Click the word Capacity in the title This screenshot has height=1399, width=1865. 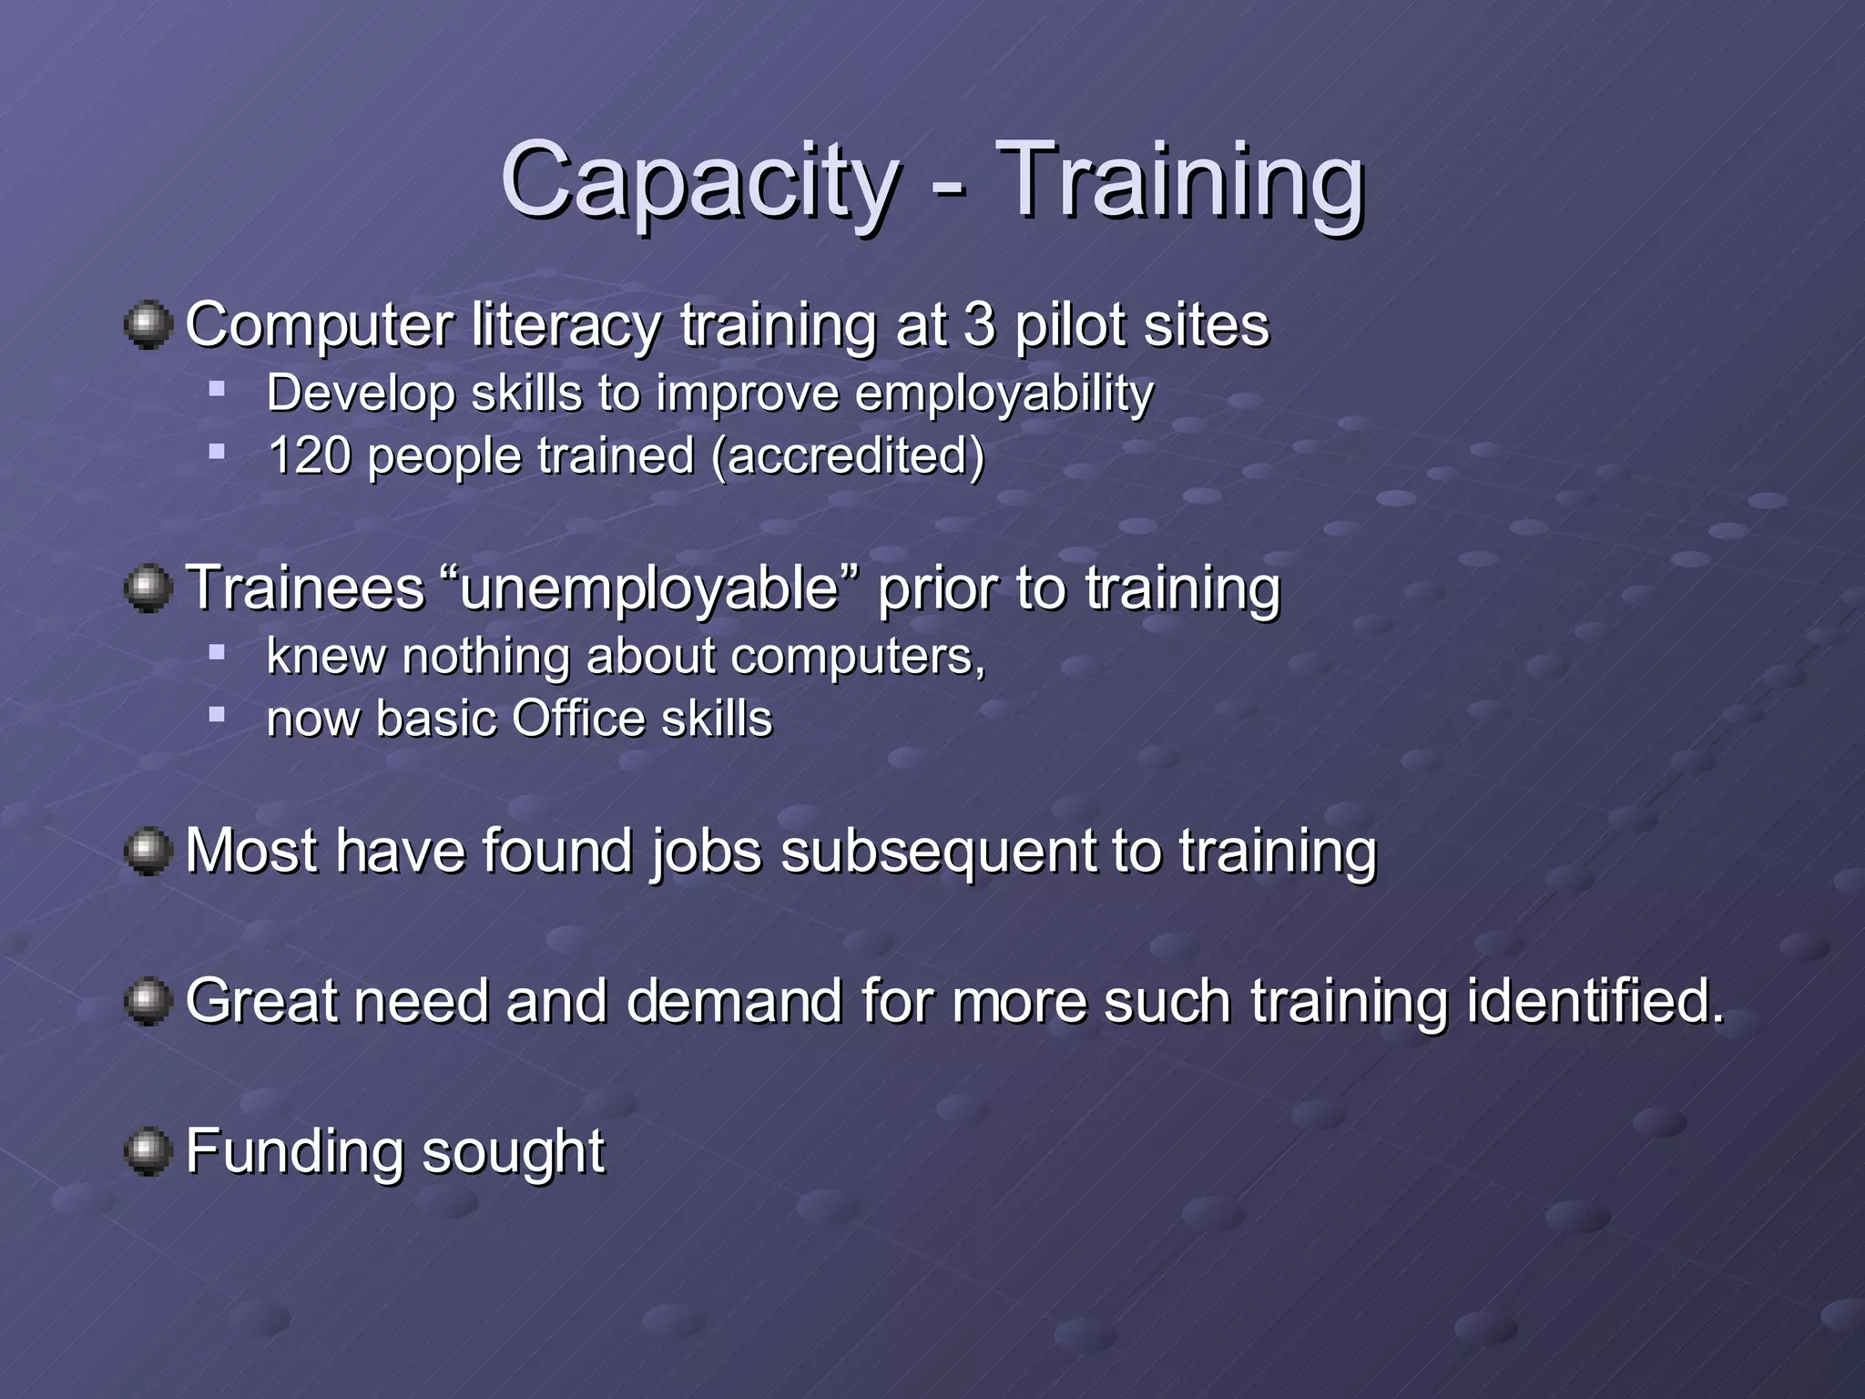699,182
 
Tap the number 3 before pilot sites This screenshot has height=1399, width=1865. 979,325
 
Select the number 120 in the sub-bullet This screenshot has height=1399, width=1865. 310,455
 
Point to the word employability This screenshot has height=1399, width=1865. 1004,394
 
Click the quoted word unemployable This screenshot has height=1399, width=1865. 649,588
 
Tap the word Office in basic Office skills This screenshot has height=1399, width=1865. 578,719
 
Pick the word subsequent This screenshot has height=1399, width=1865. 938,853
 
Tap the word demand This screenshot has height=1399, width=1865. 734,1001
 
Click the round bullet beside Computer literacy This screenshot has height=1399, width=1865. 148,325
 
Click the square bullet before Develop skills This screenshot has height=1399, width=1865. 217,390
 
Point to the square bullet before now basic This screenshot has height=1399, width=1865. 217,715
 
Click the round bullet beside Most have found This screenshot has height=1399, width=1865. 148,852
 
